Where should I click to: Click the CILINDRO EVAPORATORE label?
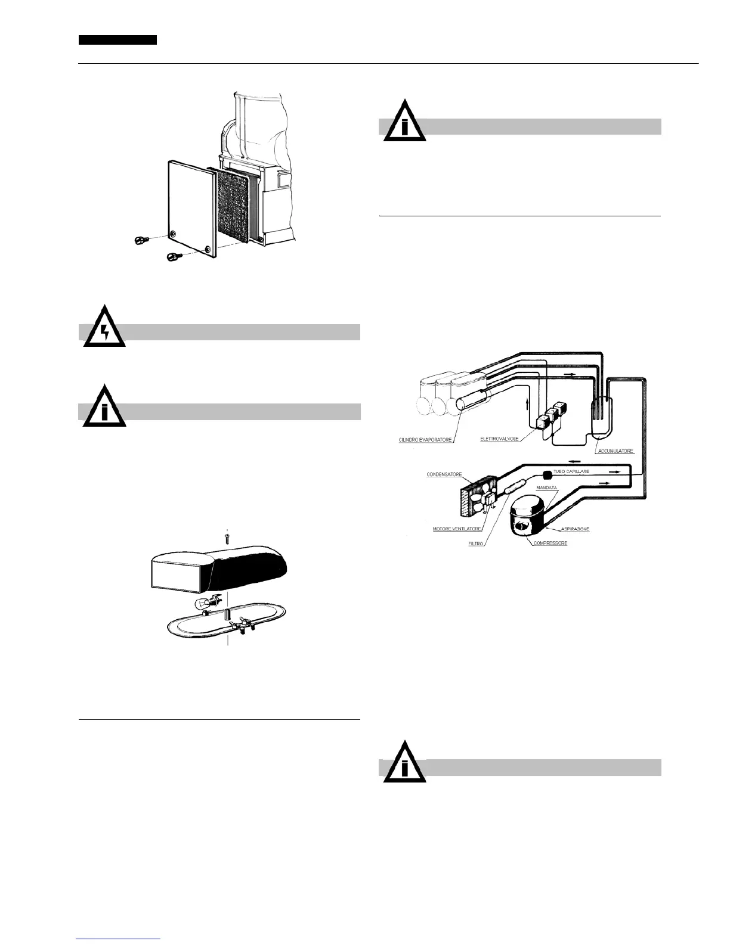425,440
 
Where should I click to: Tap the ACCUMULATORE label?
615,451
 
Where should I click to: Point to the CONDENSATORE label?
444,475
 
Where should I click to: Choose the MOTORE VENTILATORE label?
457,529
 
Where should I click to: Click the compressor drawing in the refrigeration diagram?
528,515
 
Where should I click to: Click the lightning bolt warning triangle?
105,330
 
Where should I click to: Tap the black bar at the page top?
118,40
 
